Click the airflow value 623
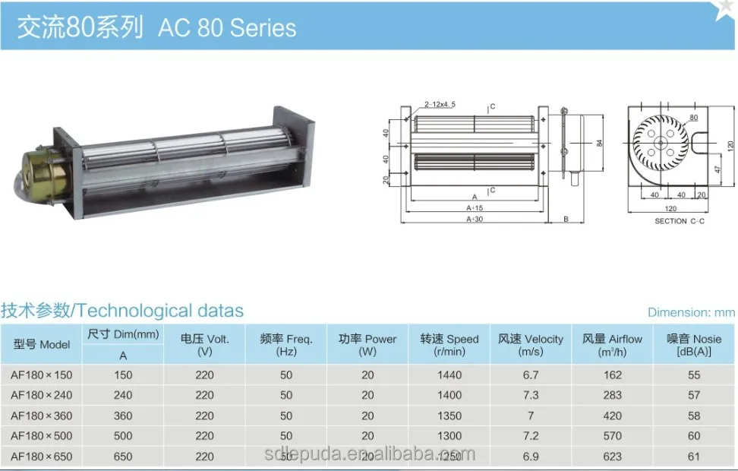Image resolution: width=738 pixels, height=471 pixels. pyautogui.click(x=612, y=457)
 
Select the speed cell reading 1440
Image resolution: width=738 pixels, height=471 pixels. pyautogui.click(x=449, y=375)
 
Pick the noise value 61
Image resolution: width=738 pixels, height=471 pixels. pyautogui.click(x=694, y=457)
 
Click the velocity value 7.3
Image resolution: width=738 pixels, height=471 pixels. pyautogui.click(x=531, y=395)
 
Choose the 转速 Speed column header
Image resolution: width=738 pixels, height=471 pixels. pyautogui.click(x=449, y=345)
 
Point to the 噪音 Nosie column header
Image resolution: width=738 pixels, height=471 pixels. pyautogui.click(x=694, y=345)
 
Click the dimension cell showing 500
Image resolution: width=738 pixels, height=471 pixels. pyautogui.click(x=123, y=436)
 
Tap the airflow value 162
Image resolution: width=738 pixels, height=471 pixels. pyautogui.click(x=612, y=375)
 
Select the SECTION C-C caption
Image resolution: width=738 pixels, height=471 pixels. pyautogui.click(x=680, y=221)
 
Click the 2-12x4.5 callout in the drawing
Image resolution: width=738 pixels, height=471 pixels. pyautogui.click(x=440, y=103)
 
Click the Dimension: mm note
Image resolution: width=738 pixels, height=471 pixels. pyautogui.click(x=690, y=312)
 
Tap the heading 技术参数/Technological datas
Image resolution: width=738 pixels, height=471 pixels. pyautogui.click(x=122, y=311)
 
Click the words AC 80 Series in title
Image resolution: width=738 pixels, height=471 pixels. pyautogui.click(x=227, y=28)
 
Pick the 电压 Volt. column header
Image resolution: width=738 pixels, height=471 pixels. pyautogui.click(x=204, y=345)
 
